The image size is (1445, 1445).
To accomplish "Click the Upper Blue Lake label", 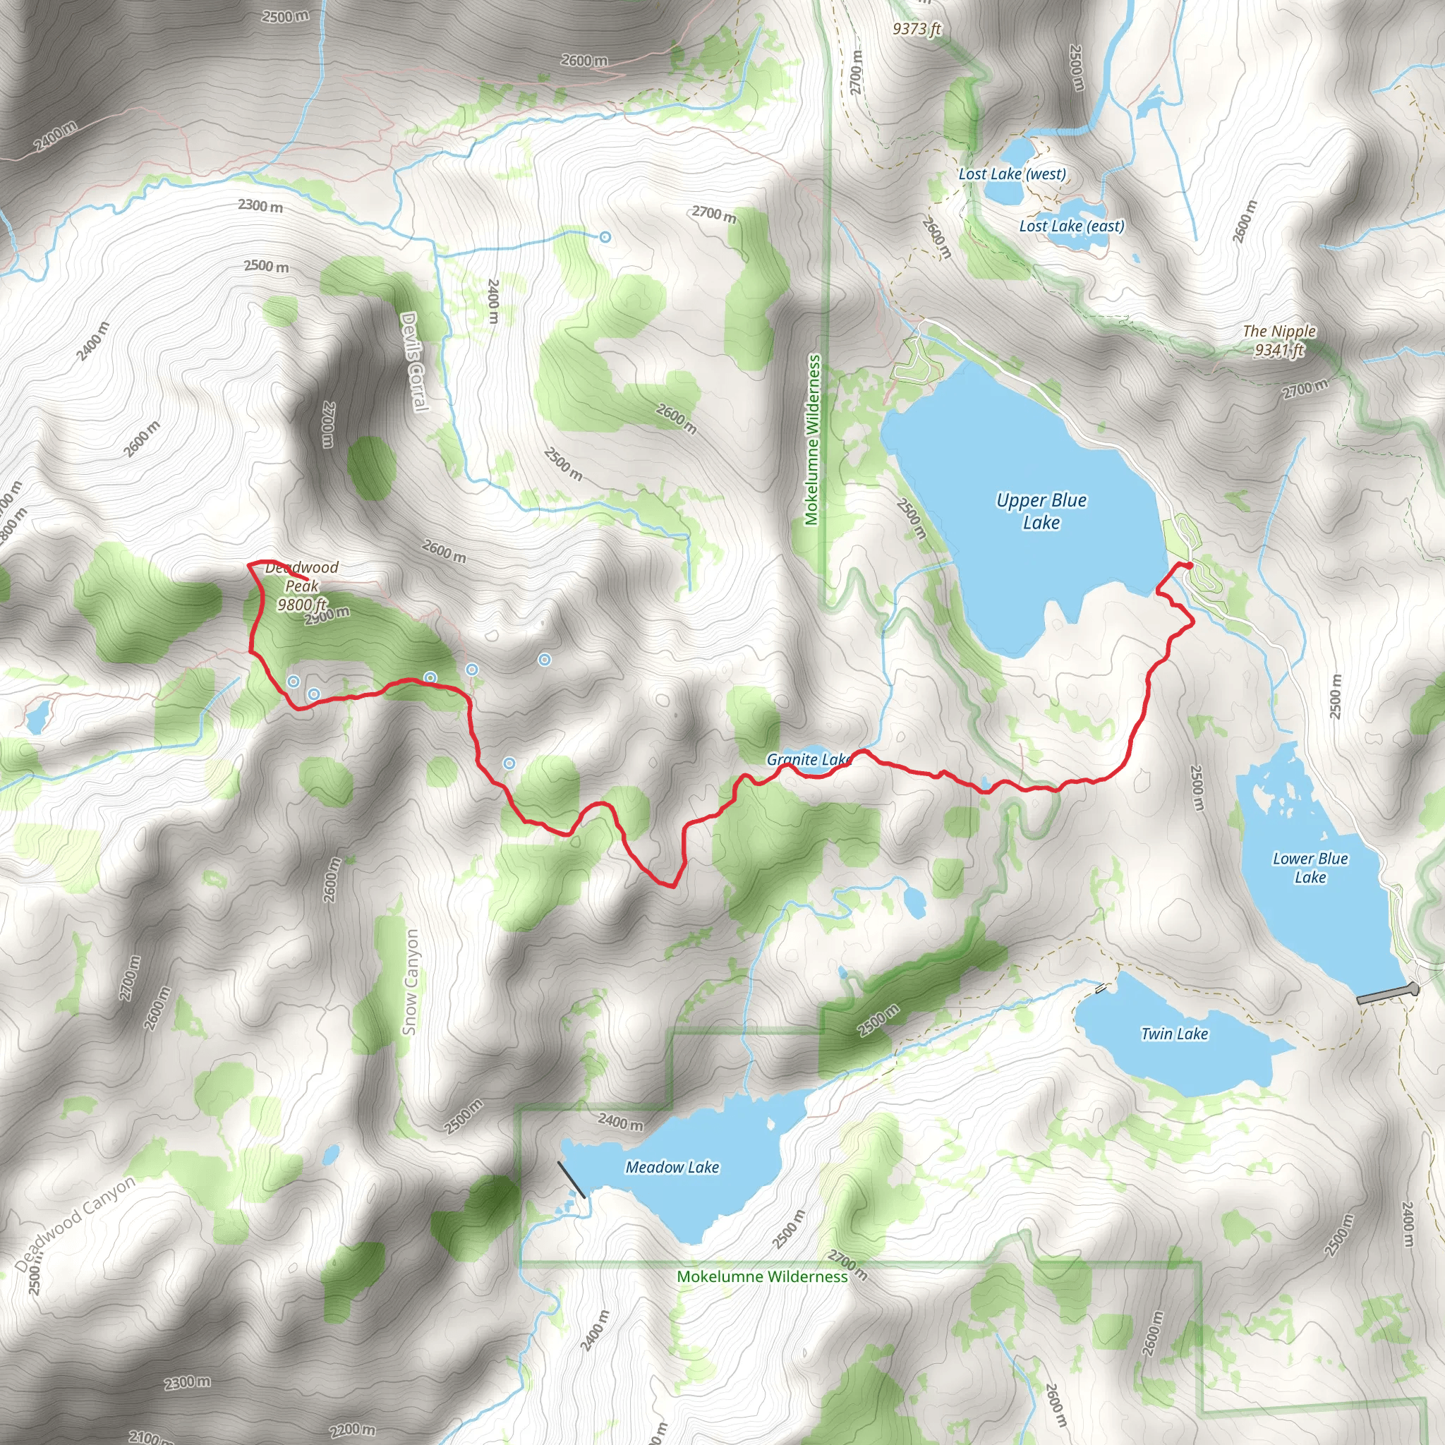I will tap(1041, 511).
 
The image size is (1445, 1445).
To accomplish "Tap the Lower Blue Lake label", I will tap(1310, 868).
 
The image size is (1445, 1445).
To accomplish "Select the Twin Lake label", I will tap(1174, 1034).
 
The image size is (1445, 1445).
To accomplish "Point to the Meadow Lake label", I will tap(672, 1167).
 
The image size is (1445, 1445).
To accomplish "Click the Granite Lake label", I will tap(809, 760).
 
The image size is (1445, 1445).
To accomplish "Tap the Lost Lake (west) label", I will tap(1012, 174).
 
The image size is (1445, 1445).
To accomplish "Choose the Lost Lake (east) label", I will tap(1071, 226).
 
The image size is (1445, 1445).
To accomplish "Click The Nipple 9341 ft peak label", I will tap(1279, 340).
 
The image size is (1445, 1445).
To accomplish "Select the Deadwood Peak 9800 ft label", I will tap(302, 586).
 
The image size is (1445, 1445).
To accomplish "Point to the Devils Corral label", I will tap(414, 361).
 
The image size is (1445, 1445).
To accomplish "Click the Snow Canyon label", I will tap(411, 982).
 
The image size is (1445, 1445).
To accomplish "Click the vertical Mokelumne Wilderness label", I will tap(812, 440).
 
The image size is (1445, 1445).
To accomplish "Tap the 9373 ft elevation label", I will tap(917, 29).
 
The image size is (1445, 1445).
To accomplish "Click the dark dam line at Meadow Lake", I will tap(572, 1180).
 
